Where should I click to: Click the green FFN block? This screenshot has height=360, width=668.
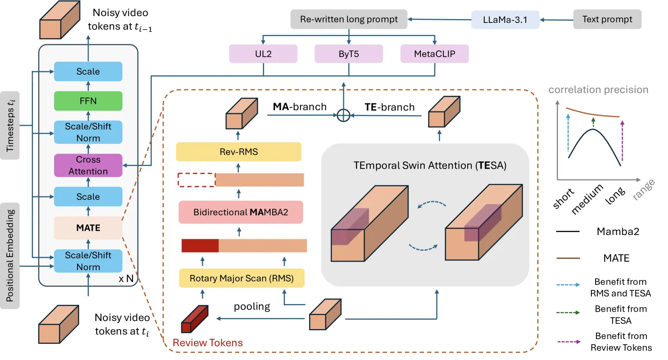[x=88, y=101]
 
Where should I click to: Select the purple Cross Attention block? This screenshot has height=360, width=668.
[x=88, y=165]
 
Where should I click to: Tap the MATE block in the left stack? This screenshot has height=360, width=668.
[x=88, y=228]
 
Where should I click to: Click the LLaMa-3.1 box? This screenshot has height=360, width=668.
[x=505, y=19]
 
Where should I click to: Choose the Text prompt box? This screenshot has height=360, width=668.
[x=607, y=19]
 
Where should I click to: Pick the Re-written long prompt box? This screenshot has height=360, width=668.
[x=349, y=19]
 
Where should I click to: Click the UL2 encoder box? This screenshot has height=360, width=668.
[x=263, y=54]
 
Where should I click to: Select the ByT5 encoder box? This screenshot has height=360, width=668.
[x=349, y=54]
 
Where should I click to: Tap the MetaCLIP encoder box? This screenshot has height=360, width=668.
[x=434, y=54]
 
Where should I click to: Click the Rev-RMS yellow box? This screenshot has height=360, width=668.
[x=239, y=152]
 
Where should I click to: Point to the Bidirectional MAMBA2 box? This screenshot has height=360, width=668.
[x=241, y=212]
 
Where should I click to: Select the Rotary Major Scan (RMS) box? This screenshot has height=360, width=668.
[x=242, y=278]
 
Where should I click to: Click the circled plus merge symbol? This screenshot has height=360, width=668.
[x=344, y=115]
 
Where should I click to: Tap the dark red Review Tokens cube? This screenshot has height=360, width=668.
[x=195, y=318]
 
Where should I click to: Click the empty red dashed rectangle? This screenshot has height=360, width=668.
[x=196, y=180]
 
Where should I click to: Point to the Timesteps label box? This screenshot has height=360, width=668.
[x=10, y=125]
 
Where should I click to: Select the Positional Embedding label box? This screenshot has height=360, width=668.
[x=10, y=256]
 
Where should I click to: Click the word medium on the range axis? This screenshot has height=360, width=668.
[x=587, y=199]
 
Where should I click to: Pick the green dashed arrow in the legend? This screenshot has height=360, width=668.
[x=568, y=313]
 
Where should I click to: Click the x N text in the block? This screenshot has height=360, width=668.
[x=126, y=279]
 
